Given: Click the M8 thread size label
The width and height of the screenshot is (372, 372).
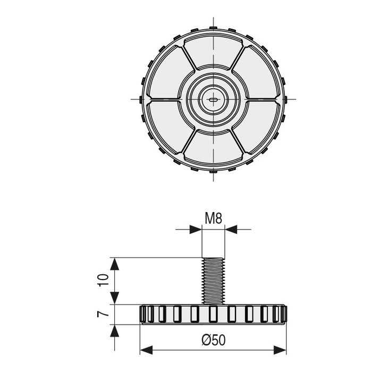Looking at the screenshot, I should [x=213, y=218].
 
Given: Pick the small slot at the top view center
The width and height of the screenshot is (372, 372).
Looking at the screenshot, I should [x=213, y=99].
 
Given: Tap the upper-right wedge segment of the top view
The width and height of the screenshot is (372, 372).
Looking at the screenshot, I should [x=252, y=74].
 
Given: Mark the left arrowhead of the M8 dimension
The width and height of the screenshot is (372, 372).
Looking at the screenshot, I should [x=197, y=230].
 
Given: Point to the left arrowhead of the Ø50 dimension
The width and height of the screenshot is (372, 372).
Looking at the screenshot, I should [x=145, y=349].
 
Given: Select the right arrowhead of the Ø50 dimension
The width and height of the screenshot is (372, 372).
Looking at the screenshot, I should [x=282, y=349].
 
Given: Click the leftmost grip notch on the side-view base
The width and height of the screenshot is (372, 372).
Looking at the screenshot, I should [x=145, y=314].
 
